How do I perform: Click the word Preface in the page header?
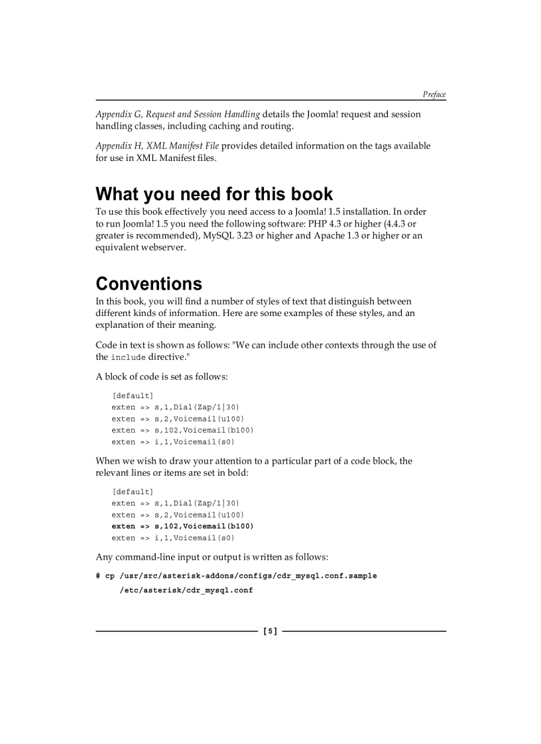coord(434,95)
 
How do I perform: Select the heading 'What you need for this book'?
coord(214,194)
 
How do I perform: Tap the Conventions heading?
coord(149,284)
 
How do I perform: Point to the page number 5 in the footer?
coord(270,631)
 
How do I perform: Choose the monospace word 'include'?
coord(128,357)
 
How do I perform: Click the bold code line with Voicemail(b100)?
coord(182,526)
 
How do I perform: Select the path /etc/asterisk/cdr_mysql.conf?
coord(186,590)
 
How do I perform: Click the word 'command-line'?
coord(145,557)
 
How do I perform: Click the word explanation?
coord(121,325)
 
